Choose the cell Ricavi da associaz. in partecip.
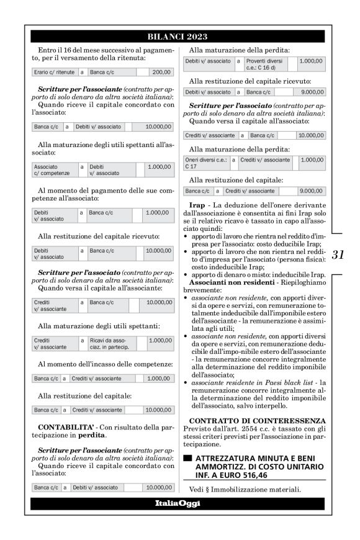coord(110,344)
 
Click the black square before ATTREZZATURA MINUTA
coord(188,458)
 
